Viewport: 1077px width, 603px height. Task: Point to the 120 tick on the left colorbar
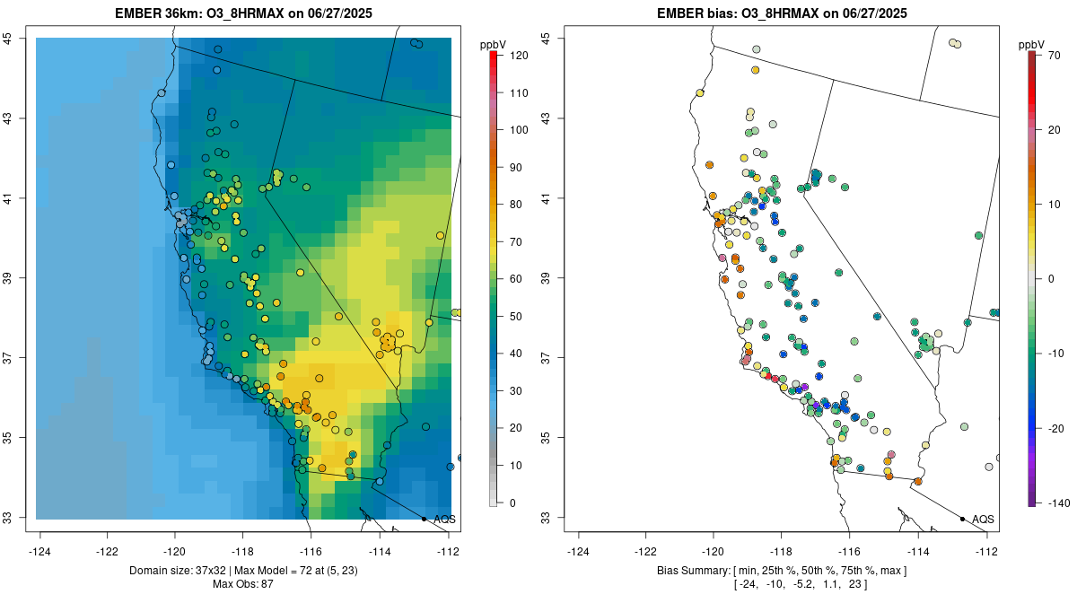tap(518, 56)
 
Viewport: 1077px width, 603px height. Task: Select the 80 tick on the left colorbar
tap(514, 205)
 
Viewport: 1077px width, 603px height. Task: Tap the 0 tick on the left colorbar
tap(512, 502)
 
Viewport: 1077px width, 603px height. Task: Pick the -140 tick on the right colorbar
tap(1059, 502)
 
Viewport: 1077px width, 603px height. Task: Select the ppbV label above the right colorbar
tap(1032, 44)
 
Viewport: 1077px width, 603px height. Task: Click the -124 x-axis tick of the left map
tap(39, 551)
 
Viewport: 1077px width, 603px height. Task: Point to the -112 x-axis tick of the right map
tap(986, 551)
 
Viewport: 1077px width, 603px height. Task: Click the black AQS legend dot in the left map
tap(424, 519)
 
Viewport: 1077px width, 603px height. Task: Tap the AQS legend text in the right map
tap(983, 519)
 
